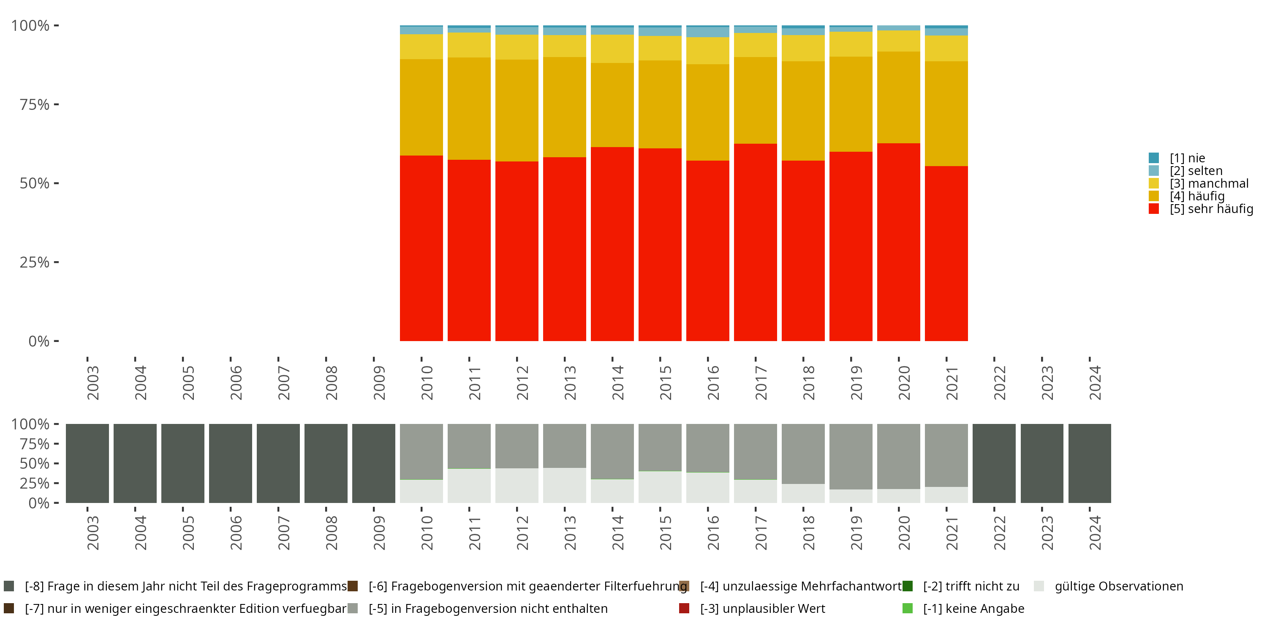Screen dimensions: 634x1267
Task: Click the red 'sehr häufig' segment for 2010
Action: coord(421,248)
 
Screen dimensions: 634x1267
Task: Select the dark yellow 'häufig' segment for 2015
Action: coord(660,104)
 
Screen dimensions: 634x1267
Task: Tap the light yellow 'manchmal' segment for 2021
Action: coord(946,48)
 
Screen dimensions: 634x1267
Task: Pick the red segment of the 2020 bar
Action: coord(898,242)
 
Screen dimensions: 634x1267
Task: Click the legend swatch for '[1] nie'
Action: coord(1153,158)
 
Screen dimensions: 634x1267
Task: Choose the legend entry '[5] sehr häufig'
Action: coord(1210,209)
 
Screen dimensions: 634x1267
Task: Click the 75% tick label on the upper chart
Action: coord(35,104)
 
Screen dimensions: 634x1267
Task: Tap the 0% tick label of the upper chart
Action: coord(39,341)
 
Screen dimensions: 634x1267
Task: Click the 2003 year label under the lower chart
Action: coord(92,533)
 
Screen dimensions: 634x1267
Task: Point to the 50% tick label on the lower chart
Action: coord(35,463)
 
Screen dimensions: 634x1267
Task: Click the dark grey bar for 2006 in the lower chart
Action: coord(230,463)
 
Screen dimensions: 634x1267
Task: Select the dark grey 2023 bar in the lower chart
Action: coord(1042,463)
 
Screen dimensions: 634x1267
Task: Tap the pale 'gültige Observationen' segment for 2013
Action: coord(564,485)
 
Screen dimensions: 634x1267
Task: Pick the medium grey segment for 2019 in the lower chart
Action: coord(851,456)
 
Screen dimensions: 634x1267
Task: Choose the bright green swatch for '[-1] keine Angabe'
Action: coord(908,608)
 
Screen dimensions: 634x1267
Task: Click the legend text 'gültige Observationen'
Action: coord(1118,586)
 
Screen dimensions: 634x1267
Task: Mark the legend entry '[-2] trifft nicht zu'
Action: coord(971,586)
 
